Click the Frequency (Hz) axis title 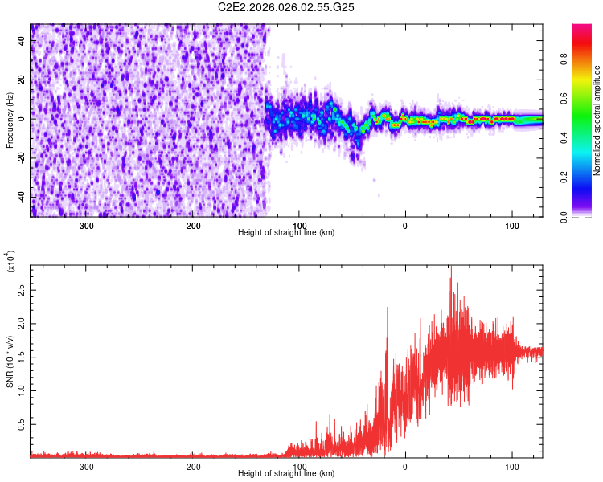[10, 120]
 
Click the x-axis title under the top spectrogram [286, 232]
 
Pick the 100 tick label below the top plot [511, 225]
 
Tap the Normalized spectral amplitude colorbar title [597, 120]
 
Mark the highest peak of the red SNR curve [451, 268]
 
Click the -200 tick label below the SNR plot [192, 466]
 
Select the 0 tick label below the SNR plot [405, 466]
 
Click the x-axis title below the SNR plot [286, 474]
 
